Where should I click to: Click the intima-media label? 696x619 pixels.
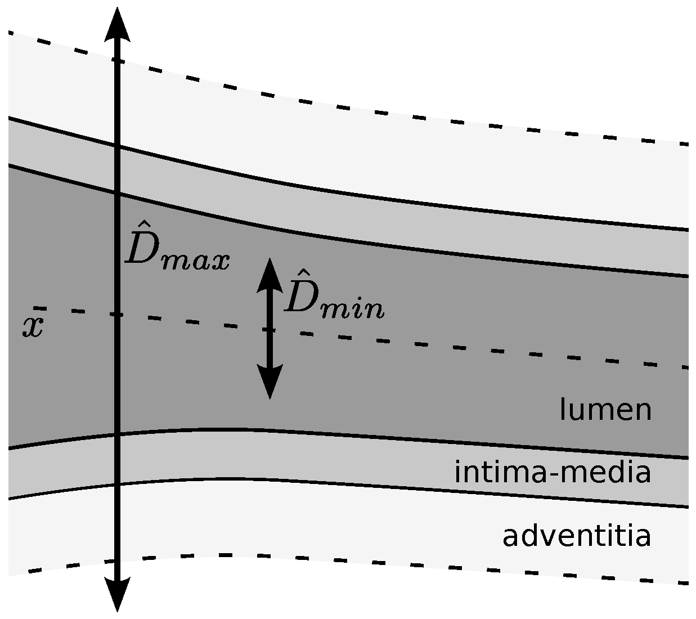click(553, 472)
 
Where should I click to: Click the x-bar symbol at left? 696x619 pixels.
click(33, 325)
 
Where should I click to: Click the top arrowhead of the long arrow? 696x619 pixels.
click(118, 25)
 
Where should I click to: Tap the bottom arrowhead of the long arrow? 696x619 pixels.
click(117, 595)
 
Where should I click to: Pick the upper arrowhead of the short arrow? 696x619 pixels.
click(270, 274)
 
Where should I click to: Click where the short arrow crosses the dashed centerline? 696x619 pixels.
click(270, 330)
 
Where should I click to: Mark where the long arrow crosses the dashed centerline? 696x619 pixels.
click(117, 314)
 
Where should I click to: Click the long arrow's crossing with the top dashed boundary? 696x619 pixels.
click(117, 59)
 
